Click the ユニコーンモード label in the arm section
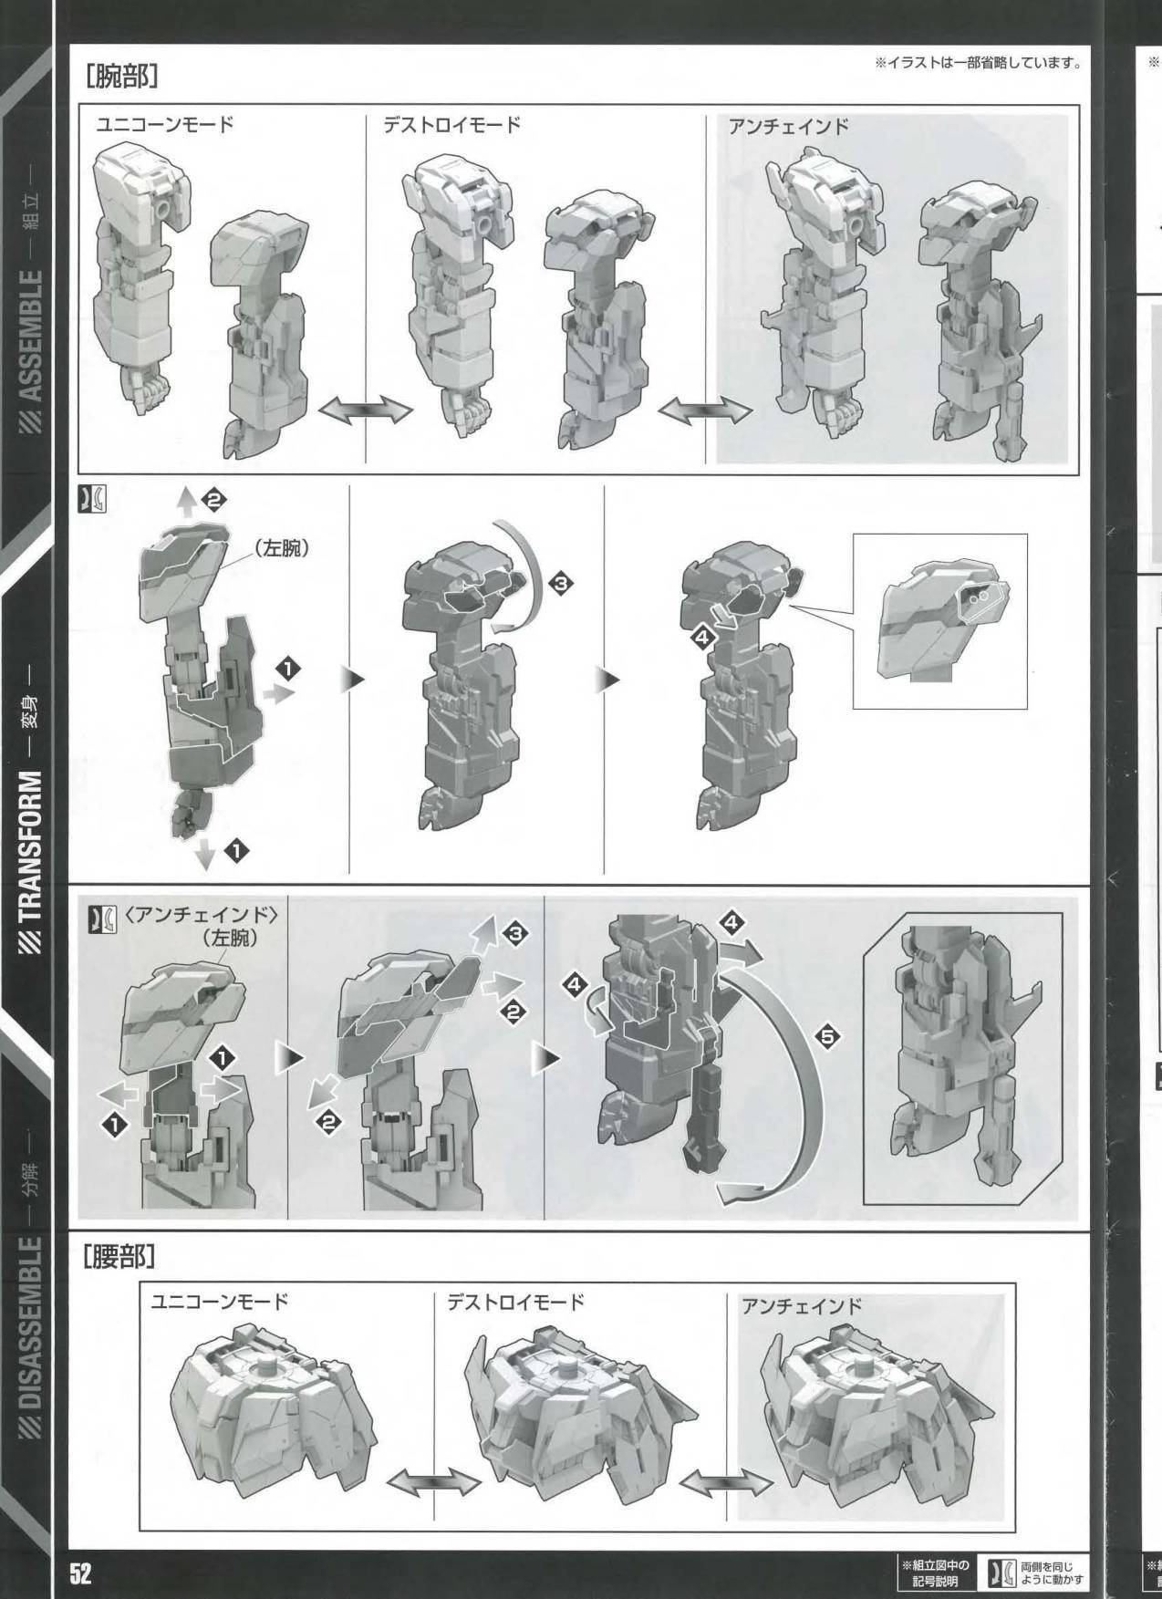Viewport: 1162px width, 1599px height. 165,125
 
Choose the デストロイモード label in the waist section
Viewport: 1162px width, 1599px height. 515,1303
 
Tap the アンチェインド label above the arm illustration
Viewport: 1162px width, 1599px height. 788,128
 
